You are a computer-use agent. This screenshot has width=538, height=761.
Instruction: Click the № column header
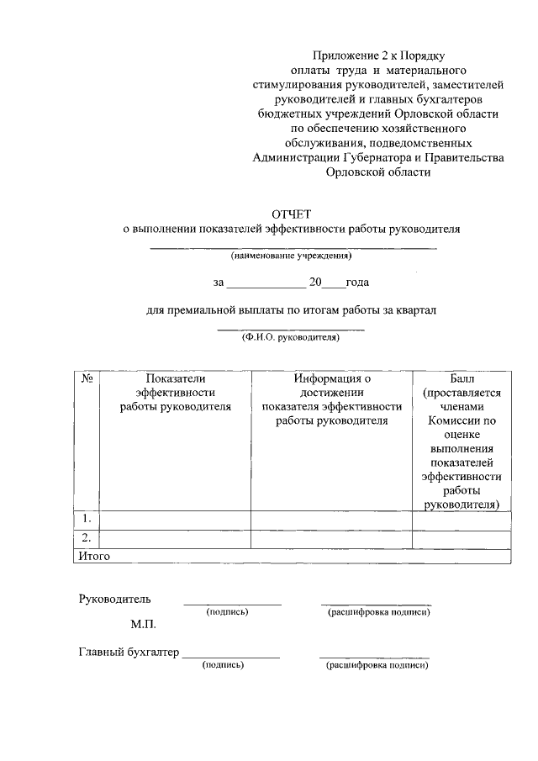tap(86, 378)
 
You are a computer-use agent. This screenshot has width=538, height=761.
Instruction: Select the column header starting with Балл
tap(462, 441)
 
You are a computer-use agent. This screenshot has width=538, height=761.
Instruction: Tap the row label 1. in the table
tap(86, 519)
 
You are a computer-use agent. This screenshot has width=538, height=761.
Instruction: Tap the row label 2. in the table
tap(86, 538)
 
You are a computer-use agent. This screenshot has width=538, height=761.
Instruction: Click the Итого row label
tap(93, 556)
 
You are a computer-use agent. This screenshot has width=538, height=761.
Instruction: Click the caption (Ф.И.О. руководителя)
tap(290, 336)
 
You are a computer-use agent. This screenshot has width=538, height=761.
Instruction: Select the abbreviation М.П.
tap(144, 625)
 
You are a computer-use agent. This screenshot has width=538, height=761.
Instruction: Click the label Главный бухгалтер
tap(129, 652)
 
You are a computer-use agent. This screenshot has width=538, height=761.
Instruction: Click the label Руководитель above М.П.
tap(115, 599)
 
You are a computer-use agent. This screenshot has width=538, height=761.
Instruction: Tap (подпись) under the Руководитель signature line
tap(227, 612)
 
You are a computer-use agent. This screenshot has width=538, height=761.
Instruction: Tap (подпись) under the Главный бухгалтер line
tap(223, 665)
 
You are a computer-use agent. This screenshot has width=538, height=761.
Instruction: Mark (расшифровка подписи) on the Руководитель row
tap(379, 612)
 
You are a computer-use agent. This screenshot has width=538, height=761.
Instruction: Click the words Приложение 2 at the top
tap(335, 55)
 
